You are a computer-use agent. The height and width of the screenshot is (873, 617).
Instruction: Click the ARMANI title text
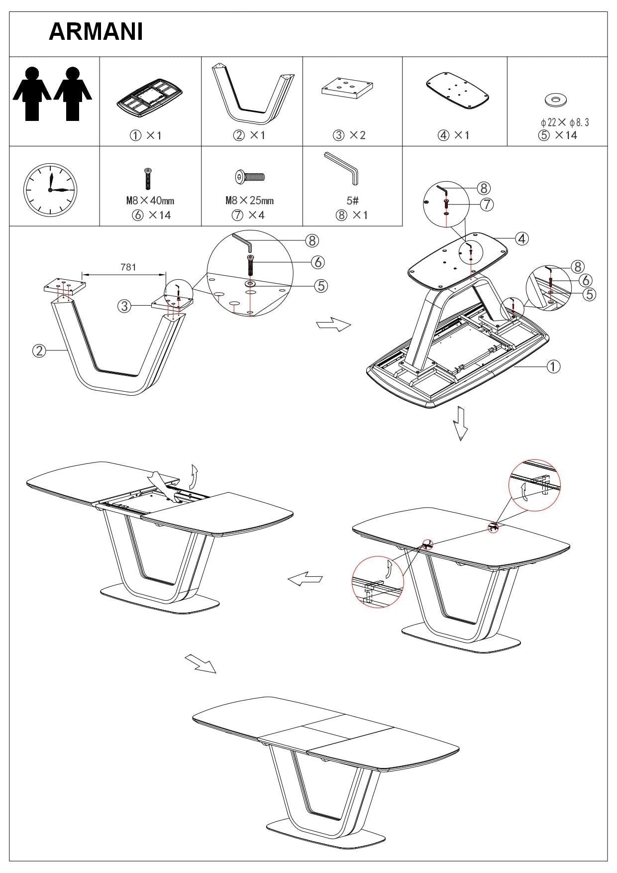point(96,32)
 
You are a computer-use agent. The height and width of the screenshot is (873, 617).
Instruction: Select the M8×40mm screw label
point(150,201)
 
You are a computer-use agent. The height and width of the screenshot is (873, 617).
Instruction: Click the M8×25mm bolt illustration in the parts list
point(250,176)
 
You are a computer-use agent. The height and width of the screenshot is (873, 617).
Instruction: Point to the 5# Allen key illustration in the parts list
point(343,168)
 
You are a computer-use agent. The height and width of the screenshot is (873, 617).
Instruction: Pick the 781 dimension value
point(128,267)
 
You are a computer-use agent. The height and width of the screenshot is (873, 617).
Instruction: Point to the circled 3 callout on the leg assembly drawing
point(124,306)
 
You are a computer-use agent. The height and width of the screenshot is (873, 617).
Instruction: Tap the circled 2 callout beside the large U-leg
point(39,351)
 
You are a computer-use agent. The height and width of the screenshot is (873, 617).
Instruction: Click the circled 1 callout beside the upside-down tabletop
point(553,366)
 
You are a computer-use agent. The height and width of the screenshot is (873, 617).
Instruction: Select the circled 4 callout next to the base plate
point(521,239)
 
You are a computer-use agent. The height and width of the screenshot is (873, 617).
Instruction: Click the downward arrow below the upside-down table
point(461,424)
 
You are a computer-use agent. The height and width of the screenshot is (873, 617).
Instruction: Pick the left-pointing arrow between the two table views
point(306,579)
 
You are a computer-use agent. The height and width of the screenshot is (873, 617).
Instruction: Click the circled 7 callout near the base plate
point(487,204)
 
